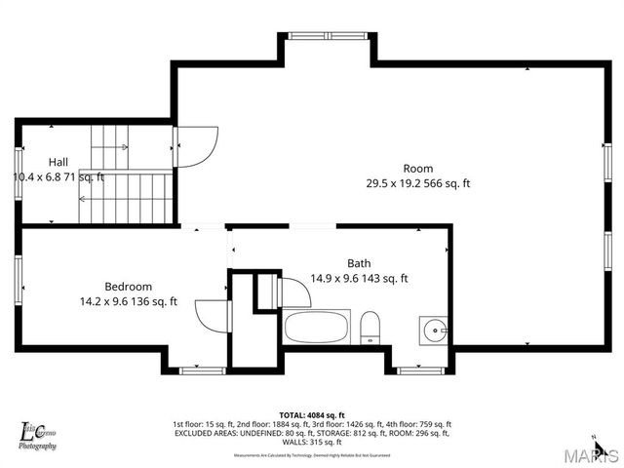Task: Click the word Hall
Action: pos(58,162)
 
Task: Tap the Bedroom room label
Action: pos(129,287)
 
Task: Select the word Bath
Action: pos(359,263)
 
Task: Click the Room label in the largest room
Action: pos(418,169)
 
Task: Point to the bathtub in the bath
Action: pos(317,327)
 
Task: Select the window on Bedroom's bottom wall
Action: pos(203,370)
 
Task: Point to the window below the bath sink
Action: pos(422,370)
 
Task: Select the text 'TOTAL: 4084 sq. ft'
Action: pos(311,414)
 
